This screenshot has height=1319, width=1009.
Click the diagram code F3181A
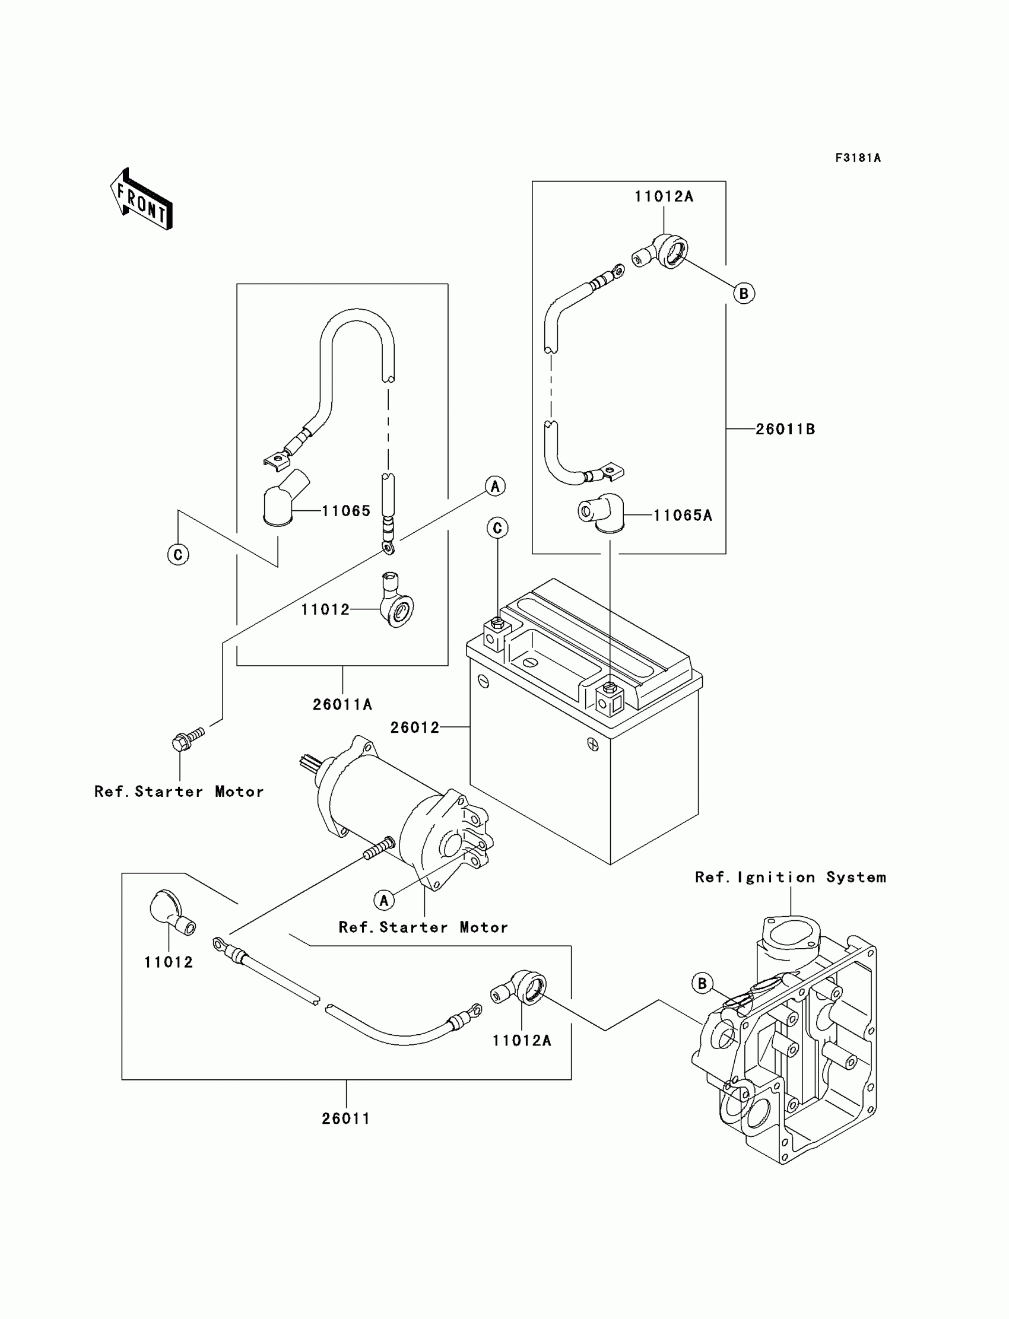click(x=858, y=158)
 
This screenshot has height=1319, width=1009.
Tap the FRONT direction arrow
click(x=142, y=201)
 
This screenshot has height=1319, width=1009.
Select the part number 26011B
click(x=785, y=429)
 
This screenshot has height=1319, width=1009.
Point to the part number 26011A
click(x=342, y=704)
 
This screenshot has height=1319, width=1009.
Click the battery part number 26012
click(x=415, y=727)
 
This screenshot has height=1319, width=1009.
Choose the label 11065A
click(x=683, y=515)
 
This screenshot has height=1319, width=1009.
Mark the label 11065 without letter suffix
click(x=346, y=511)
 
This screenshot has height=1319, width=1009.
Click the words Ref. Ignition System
click(x=791, y=877)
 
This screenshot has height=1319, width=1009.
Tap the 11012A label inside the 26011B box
click(x=664, y=196)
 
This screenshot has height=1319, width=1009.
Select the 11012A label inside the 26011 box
click(x=521, y=1041)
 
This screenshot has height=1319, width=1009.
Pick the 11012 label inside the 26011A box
click(x=325, y=609)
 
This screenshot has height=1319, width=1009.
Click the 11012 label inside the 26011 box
click(x=169, y=962)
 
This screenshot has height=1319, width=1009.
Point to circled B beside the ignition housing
click(x=702, y=983)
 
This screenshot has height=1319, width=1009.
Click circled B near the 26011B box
click(x=744, y=294)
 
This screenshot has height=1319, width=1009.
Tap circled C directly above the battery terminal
click(x=497, y=528)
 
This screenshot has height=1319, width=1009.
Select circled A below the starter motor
click(x=384, y=900)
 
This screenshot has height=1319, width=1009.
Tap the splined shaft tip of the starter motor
click(x=307, y=763)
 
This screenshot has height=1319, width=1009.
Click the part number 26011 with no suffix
click(x=346, y=1118)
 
